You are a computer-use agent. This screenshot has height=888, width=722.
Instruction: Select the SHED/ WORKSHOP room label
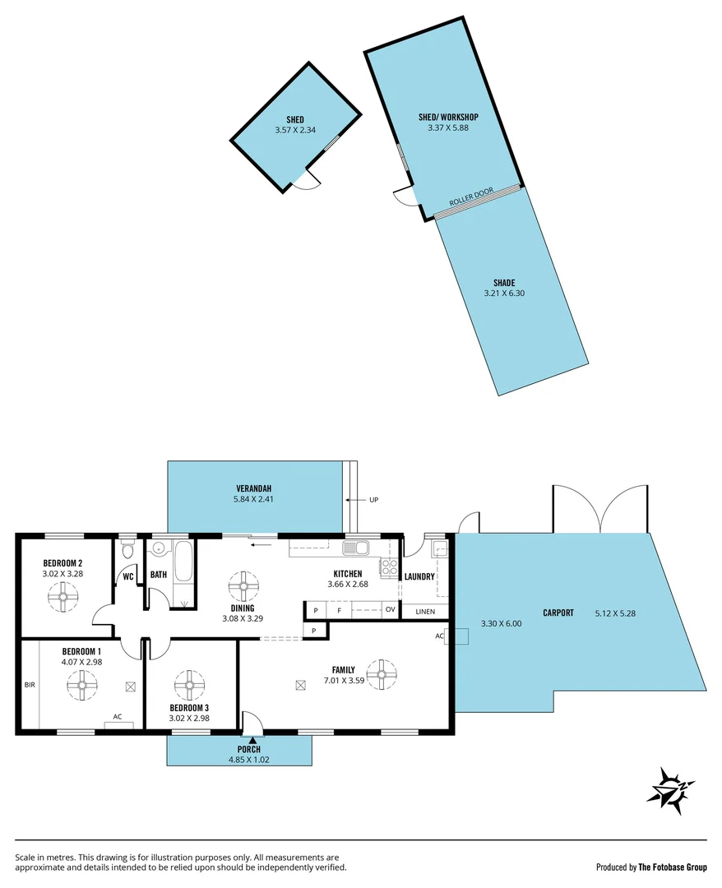click(447, 117)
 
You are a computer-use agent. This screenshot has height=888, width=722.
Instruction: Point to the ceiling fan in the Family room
click(380, 674)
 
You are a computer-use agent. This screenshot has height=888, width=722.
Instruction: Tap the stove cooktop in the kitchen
click(389, 567)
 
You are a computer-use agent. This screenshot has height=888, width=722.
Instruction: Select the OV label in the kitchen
click(390, 610)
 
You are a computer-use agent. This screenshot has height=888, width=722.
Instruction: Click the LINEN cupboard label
click(425, 612)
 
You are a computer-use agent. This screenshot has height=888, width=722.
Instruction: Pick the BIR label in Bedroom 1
click(30, 684)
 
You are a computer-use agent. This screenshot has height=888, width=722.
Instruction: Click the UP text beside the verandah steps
click(374, 499)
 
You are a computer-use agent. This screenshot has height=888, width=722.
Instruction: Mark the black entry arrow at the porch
click(252, 741)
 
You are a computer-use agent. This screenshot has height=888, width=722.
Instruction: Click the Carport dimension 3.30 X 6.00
click(501, 623)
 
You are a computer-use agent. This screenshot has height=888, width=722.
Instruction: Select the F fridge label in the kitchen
click(339, 610)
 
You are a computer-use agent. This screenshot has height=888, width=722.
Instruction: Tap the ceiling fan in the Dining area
click(243, 585)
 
